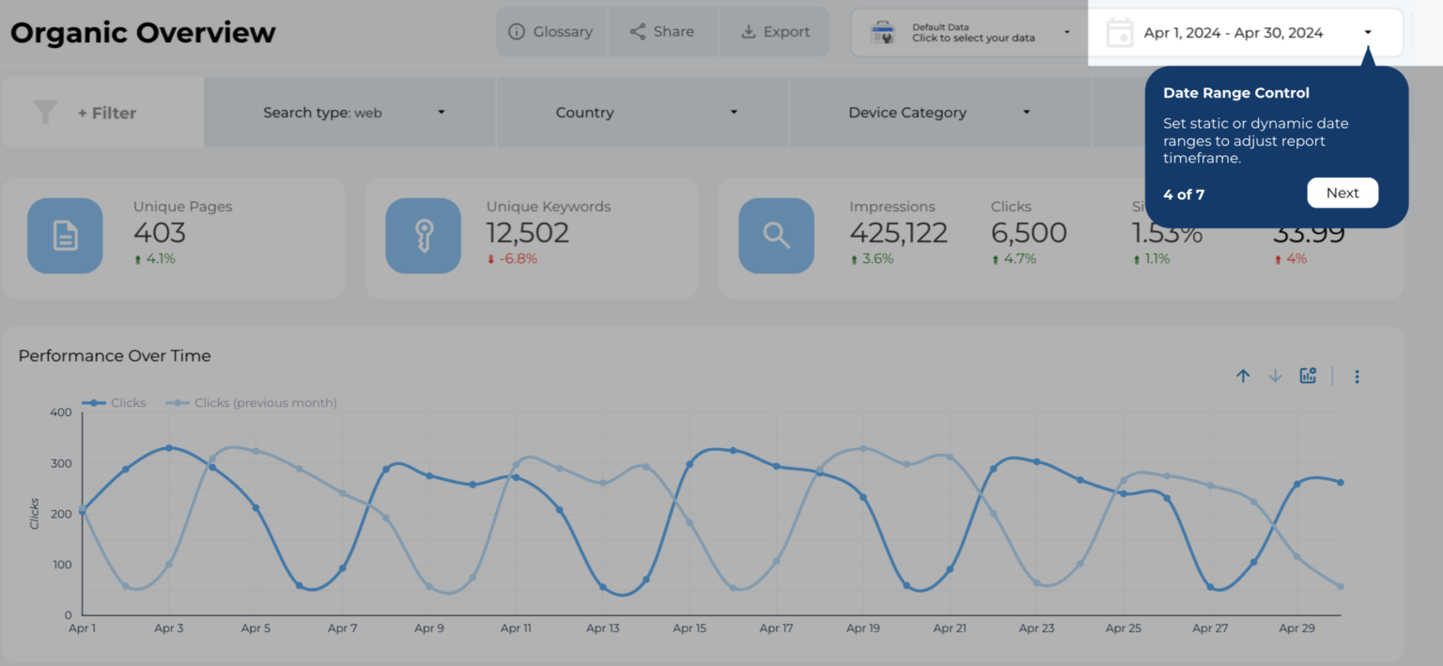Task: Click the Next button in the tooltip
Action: click(1342, 193)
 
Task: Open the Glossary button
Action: click(551, 32)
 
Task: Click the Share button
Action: click(662, 32)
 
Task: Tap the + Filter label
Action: click(106, 113)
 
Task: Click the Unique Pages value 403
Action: click(160, 232)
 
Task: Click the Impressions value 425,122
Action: click(898, 232)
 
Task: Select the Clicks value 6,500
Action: click(1029, 232)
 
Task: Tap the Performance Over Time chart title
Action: click(115, 356)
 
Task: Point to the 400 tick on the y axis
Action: click(60, 412)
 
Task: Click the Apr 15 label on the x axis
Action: click(690, 628)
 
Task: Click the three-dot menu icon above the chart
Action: click(1357, 377)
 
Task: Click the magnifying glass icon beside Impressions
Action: click(776, 236)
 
